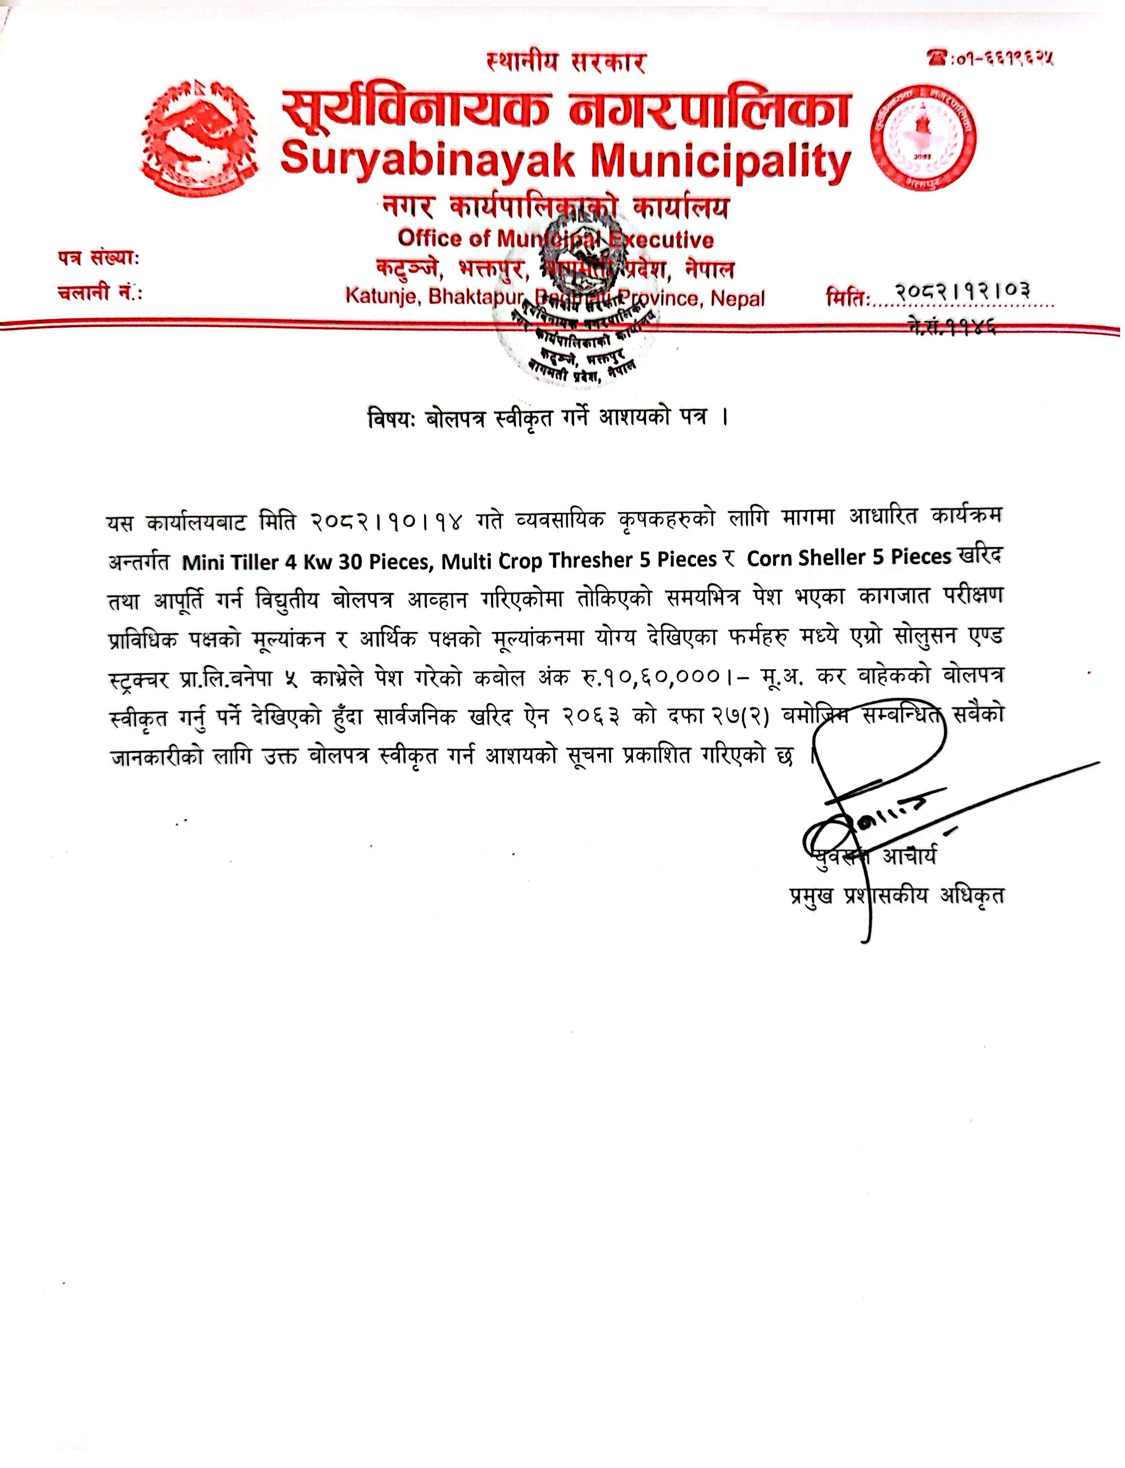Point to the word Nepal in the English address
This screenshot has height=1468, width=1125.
737,298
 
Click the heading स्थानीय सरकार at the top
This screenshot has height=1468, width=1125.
566,64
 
